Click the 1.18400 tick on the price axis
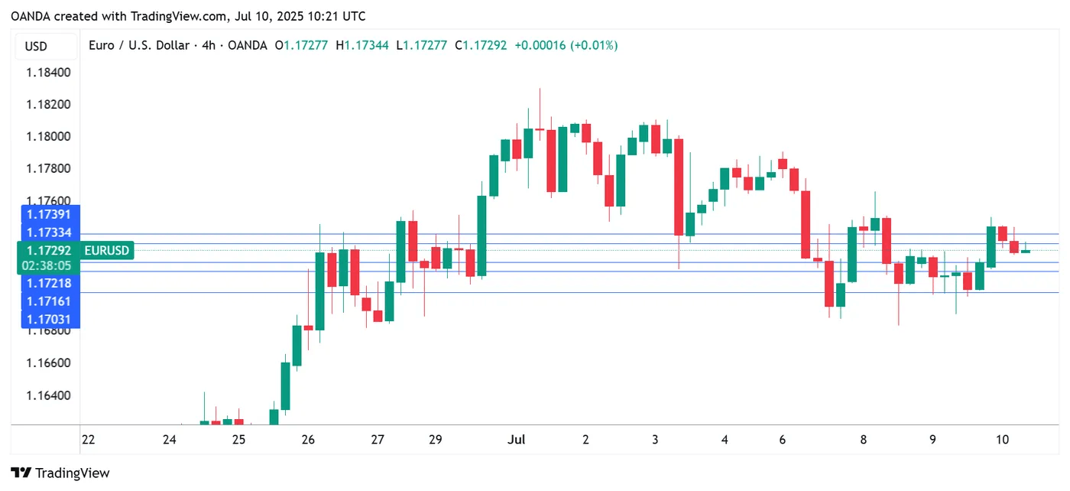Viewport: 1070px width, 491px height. pos(49,73)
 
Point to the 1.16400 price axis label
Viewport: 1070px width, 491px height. pos(49,395)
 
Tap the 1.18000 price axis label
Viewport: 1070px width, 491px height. pos(49,137)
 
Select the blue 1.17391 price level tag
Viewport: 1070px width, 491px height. pos(49,215)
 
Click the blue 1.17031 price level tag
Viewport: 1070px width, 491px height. pos(49,318)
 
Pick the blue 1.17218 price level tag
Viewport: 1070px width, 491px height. pos(49,283)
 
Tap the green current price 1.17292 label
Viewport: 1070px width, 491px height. pos(49,250)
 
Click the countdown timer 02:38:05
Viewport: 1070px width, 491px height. pos(49,265)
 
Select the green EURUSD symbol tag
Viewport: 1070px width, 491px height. pos(107,250)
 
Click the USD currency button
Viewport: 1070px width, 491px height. pos(36,46)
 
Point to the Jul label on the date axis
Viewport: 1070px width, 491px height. pos(517,440)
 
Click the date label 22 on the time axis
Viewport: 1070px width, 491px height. pos(88,440)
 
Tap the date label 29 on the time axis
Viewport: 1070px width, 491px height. pos(436,440)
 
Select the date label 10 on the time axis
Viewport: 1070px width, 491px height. pos(1003,440)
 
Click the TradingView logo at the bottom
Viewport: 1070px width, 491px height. pos(60,473)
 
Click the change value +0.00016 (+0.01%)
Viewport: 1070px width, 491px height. pos(566,46)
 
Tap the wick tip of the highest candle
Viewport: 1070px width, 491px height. pos(540,89)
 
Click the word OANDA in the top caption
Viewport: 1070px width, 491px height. pos(31,16)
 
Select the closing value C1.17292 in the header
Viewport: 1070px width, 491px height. pos(480,46)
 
